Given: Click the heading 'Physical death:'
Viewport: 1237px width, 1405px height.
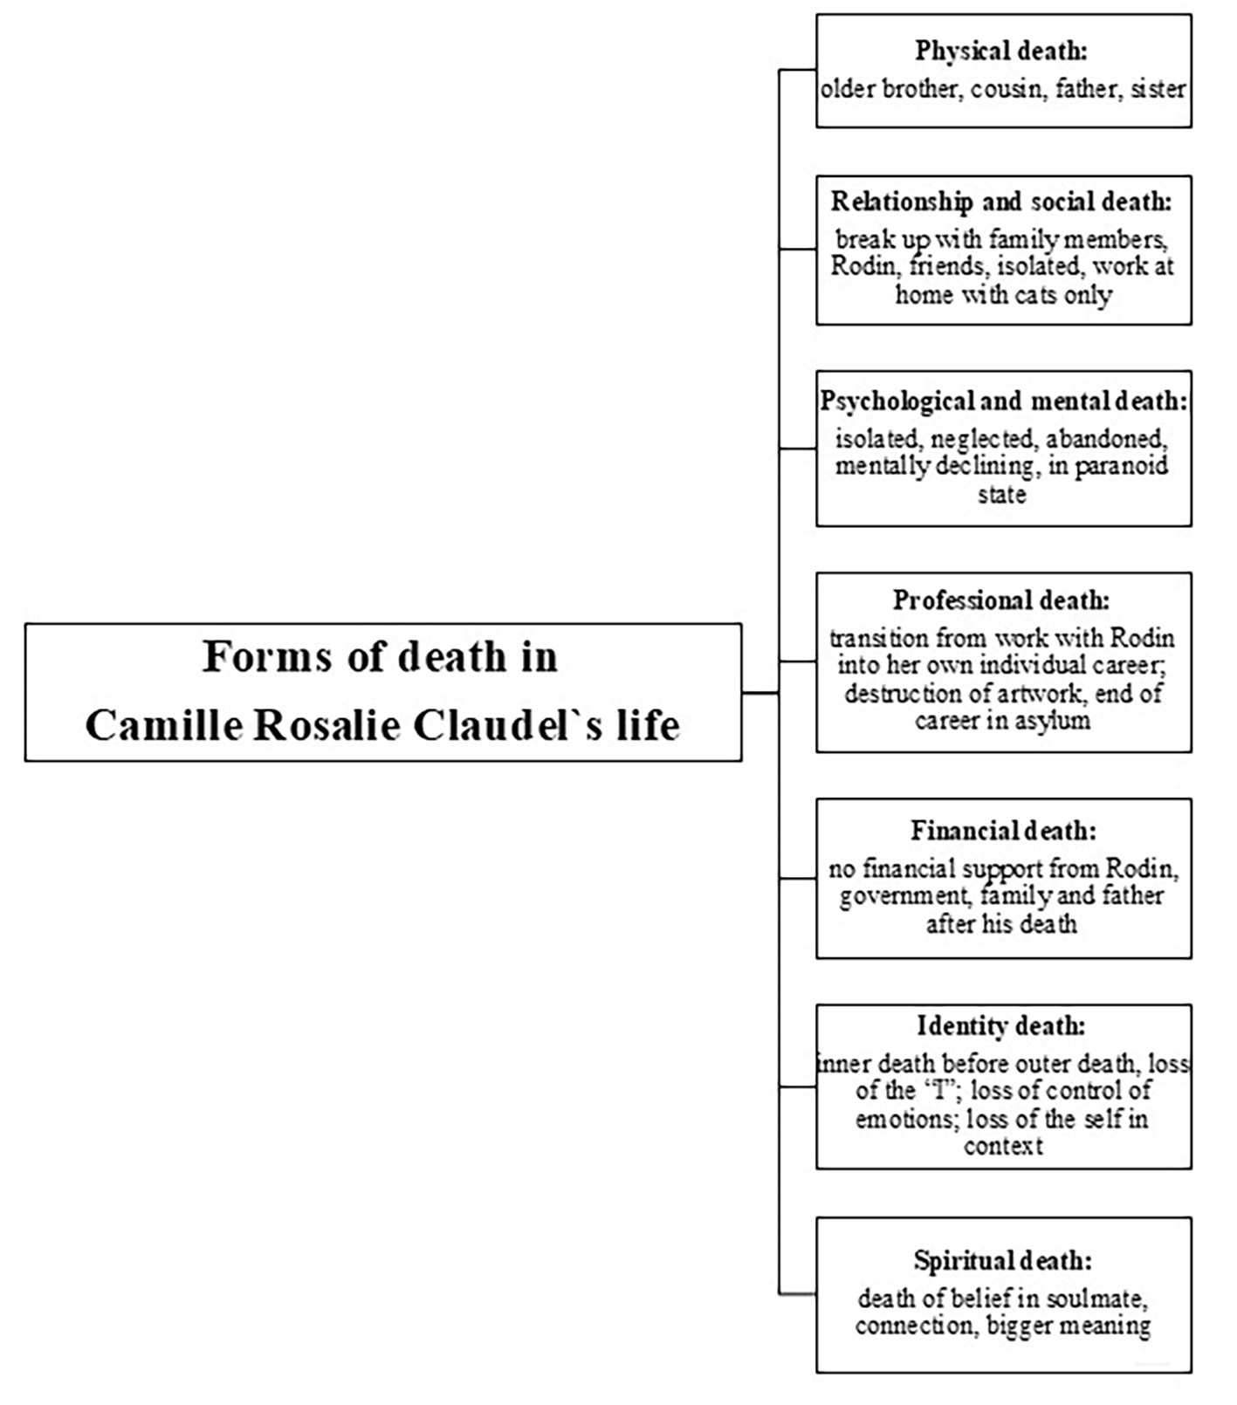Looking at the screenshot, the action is pyautogui.click(x=1001, y=51).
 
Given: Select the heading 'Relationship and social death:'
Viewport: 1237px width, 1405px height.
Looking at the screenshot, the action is pyautogui.click(x=1001, y=202).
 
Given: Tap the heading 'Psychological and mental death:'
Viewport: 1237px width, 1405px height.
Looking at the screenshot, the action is pyautogui.click(x=1004, y=401).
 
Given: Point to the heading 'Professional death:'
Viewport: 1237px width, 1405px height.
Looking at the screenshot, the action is pyautogui.click(x=1001, y=600).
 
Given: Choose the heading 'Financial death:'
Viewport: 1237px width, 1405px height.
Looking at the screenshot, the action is pyautogui.click(x=1003, y=830).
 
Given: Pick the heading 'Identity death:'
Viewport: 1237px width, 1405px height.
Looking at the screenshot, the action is pyautogui.click(x=1001, y=1025).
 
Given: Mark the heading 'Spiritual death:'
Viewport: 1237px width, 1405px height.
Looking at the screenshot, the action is pyautogui.click(x=1003, y=1261).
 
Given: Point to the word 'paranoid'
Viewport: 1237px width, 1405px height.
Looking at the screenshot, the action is pyautogui.click(x=1121, y=465).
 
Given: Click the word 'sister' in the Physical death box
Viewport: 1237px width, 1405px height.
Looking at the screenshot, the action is pyautogui.click(x=1158, y=89).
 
